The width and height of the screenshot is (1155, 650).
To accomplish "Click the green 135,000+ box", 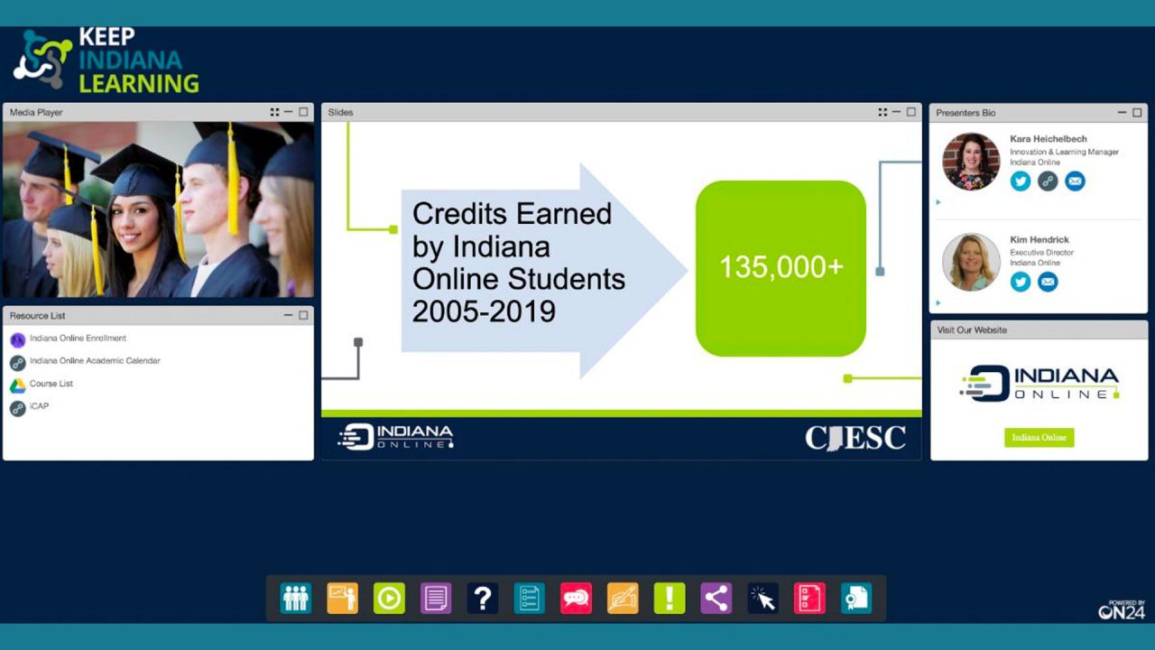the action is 781,268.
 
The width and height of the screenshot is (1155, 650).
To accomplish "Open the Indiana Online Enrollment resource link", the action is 78,339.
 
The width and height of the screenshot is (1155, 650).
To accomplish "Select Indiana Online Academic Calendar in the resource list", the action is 95,360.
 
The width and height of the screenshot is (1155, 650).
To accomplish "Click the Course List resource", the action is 51,384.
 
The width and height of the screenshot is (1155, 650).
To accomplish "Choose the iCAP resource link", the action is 39,406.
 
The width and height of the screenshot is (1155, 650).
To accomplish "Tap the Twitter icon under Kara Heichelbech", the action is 1020,181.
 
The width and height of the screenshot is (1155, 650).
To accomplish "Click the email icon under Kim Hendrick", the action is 1048,282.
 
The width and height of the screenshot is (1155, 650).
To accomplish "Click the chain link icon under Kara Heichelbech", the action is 1048,181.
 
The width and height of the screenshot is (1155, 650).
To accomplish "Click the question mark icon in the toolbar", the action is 483,599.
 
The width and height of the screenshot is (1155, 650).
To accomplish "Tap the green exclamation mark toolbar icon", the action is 670,599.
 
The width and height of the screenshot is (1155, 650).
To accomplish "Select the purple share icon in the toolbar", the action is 716,599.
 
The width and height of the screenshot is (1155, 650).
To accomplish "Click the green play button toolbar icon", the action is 389,599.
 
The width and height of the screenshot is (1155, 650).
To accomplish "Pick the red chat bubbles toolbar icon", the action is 576,599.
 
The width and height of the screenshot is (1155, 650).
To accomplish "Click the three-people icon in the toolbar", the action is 296,599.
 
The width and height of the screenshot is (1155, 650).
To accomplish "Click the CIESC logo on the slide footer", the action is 855,438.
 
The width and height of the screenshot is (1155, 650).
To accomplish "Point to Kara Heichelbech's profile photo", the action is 971,162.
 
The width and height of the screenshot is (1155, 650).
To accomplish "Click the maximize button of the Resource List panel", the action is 303,315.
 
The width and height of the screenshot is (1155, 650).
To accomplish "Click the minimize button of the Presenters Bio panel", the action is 1122,113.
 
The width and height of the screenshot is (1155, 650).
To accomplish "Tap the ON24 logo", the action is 1122,609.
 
